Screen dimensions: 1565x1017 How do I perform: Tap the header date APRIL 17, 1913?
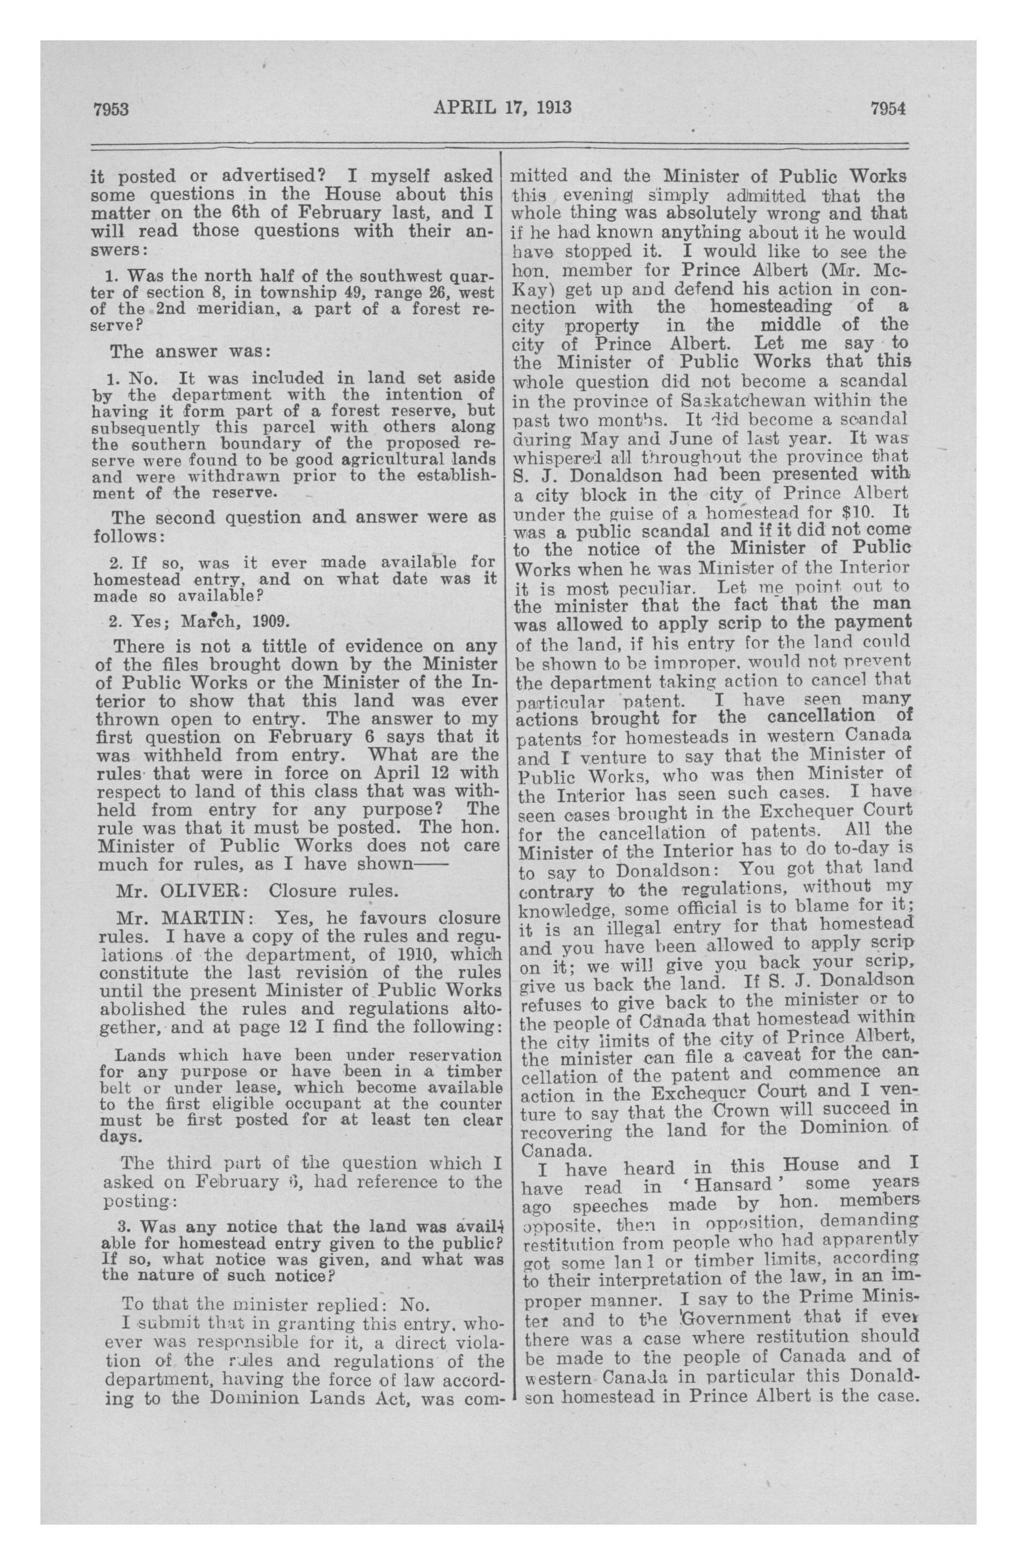(502, 107)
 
